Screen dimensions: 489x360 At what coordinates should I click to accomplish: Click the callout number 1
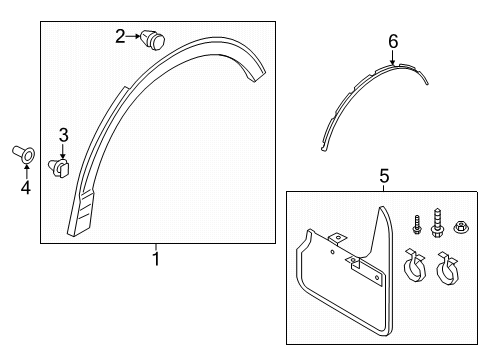(156, 259)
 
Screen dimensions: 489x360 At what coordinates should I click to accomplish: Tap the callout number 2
(120, 36)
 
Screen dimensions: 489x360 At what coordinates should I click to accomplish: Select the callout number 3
(63, 135)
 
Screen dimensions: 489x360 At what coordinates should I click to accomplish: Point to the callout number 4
(26, 188)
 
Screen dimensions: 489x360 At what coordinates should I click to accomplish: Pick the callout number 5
(384, 176)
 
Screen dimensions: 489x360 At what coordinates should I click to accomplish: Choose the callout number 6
(393, 42)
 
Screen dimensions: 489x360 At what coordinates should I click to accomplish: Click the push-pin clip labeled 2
(153, 40)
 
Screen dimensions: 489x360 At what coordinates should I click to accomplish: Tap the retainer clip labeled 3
(59, 168)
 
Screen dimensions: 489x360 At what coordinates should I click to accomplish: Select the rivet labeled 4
(24, 155)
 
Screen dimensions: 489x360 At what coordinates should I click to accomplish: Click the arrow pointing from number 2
(133, 36)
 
